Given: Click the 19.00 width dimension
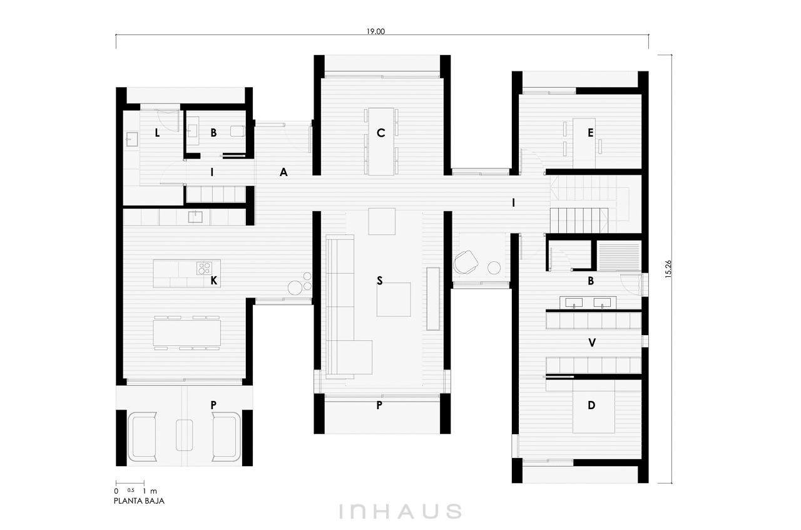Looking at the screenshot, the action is click(375, 31).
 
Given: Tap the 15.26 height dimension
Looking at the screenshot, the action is click(668, 269).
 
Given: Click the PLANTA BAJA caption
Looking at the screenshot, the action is click(139, 501).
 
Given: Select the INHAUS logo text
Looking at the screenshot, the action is click(400, 511).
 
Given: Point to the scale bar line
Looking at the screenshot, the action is click(130, 483).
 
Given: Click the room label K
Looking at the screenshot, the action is click(213, 281).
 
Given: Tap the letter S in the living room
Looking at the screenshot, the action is click(379, 281).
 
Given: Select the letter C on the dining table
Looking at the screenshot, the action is click(381, 133).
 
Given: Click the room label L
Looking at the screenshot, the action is click(157, 133).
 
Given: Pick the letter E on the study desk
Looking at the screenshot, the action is click(590, 133).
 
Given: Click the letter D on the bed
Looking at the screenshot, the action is click(591, 405).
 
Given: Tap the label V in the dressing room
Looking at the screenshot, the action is click(592, 343).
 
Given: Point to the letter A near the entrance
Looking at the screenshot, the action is click(283, 173).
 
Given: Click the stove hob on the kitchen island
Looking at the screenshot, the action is click(204, 268).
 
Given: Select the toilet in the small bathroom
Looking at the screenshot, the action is click(237, 131).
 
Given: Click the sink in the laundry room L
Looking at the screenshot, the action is click(131, 140).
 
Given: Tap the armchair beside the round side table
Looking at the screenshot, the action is click(466, 262).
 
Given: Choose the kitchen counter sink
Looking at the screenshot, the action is click(195, 217).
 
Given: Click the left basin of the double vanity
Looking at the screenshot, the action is click(574, 303).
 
